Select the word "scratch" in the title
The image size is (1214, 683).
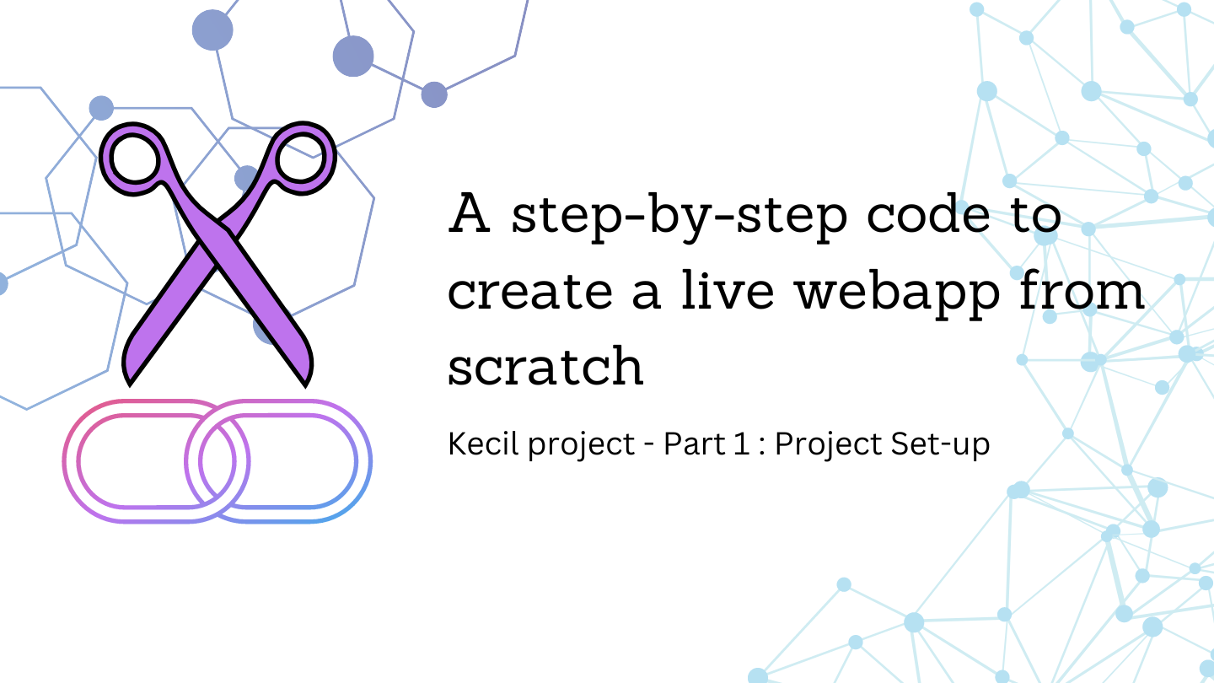[545, 365]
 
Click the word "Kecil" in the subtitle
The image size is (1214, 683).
[483, 444]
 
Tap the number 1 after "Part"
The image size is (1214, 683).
[741, 444]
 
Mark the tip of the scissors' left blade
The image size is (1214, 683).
[129, 377]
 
